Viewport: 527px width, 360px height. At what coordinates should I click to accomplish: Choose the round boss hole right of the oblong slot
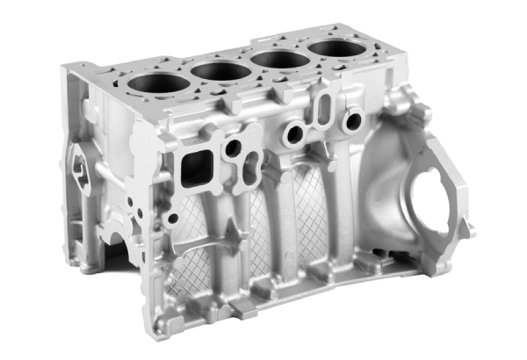(353, 121)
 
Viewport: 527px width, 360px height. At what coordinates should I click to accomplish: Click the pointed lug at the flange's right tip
(470, 230)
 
